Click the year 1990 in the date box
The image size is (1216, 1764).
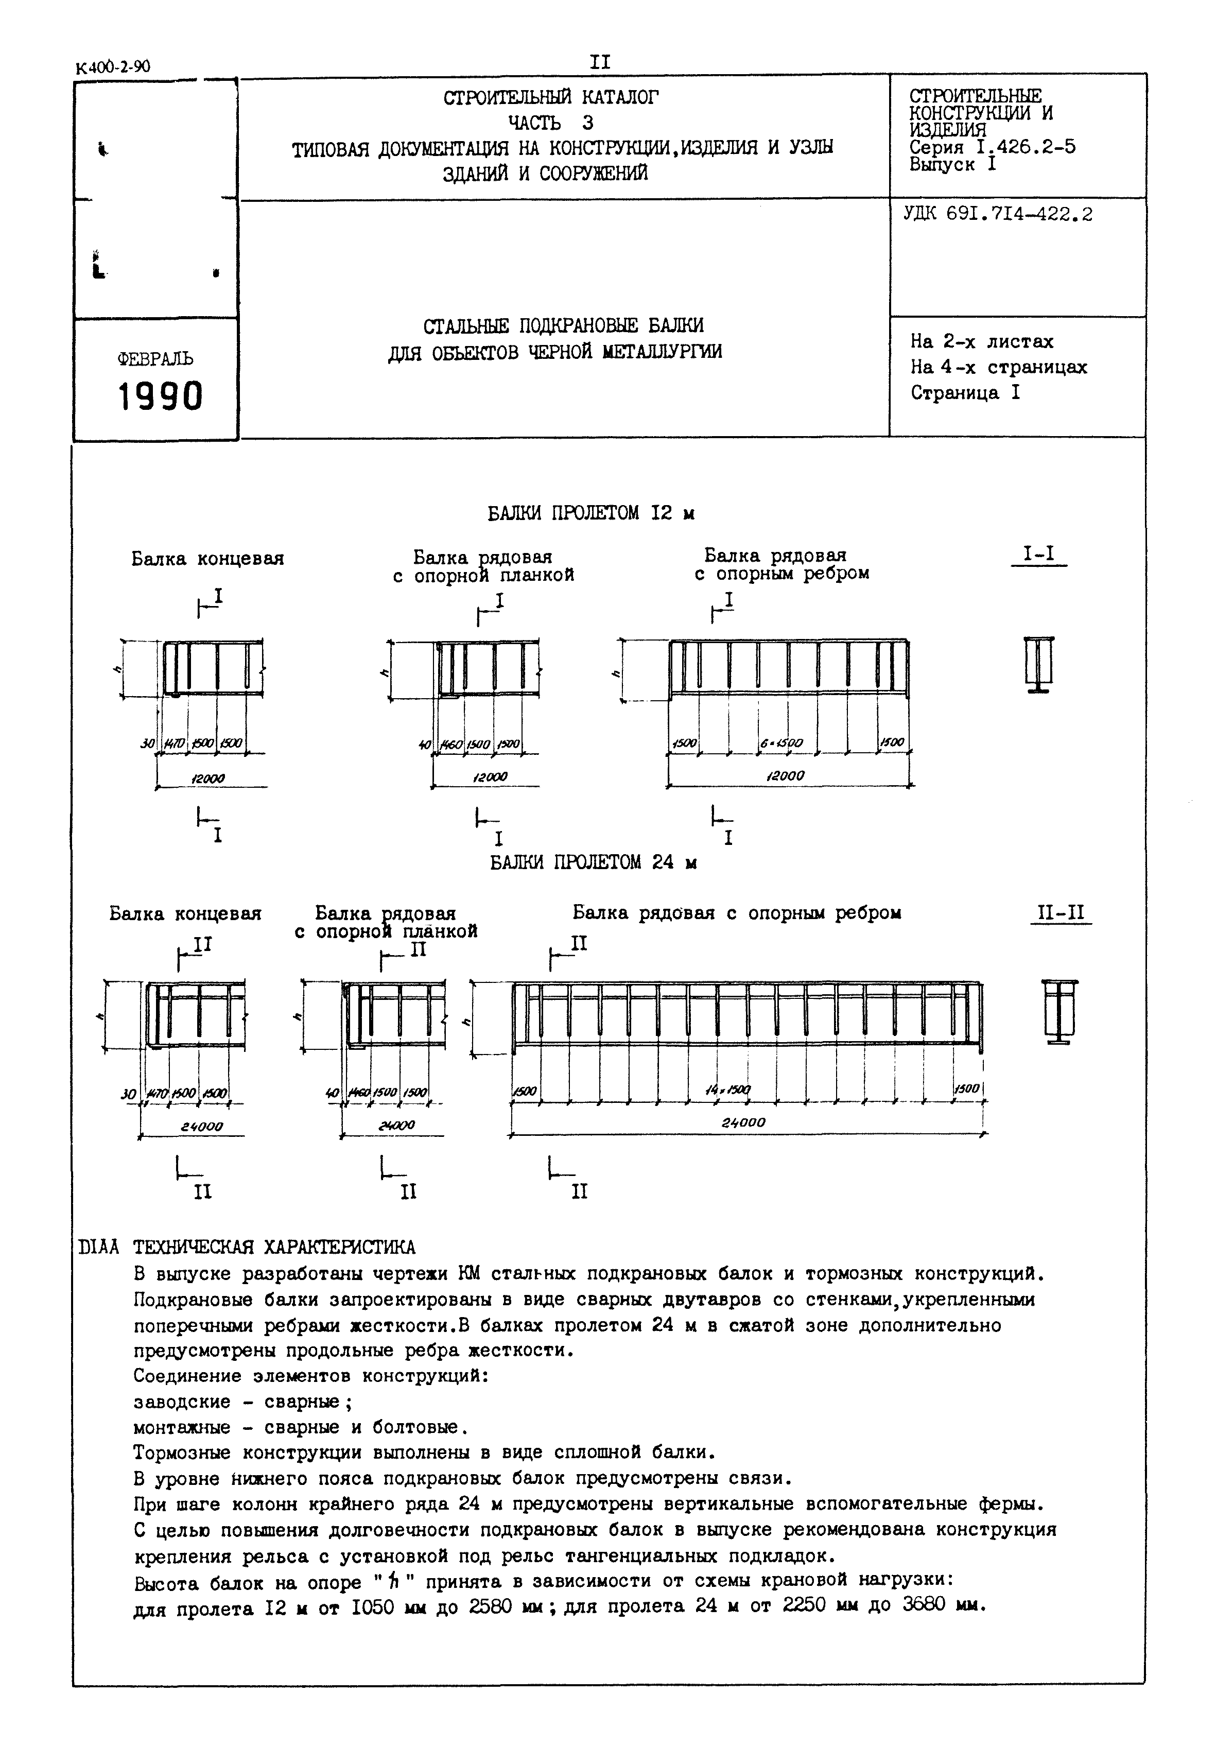pos(160,396)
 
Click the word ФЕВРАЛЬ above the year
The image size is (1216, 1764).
pos(155,359)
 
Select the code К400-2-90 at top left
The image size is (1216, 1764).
pos(113,67)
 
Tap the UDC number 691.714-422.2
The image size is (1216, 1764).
pos(1019,215)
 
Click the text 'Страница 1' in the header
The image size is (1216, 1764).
pos(965,393)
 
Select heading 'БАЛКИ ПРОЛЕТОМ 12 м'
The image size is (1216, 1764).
pos(590,513)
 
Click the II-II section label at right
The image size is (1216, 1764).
pos(1060,913)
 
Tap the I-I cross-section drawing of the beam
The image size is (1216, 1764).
pos(1038,664)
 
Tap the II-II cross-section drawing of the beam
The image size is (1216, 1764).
pos(1060,1012)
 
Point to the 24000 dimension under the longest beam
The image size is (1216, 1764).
pos(743,1122)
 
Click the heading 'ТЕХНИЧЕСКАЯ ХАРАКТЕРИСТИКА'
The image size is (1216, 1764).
pos(274,1248)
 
